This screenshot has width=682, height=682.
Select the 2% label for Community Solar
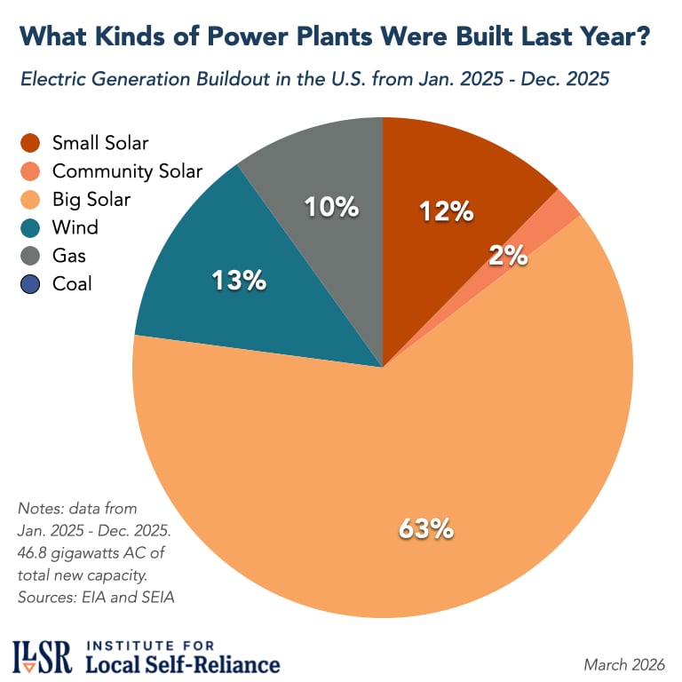tap(508, 256)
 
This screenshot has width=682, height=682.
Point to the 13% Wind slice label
tap(238, 282)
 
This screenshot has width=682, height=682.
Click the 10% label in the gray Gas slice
tap(331, 208)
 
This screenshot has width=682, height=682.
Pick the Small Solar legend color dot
tap(32, 143)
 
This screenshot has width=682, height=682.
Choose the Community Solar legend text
tap(127, 171)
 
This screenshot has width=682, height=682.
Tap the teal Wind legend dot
tap(32, 228)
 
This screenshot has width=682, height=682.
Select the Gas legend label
tap(70, 256)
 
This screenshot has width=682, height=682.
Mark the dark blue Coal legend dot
tap(32, 284)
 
